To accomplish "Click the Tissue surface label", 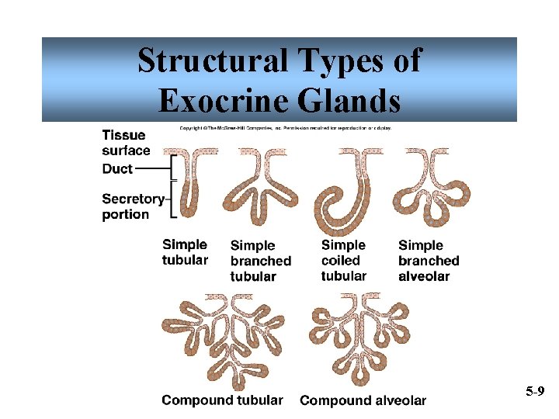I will [126, 143].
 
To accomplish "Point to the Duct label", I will [117, 168].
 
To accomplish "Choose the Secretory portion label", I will [132, 206].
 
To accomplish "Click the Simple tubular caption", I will [185, 252].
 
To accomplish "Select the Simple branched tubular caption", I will [260, 261].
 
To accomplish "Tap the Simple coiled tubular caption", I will [343, 261].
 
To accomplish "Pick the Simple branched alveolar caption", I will [429, 261].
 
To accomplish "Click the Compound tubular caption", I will [222, 400].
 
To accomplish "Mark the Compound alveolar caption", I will [363, 400].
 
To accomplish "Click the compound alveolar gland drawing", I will [359, 338].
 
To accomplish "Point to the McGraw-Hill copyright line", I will [286, 127].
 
